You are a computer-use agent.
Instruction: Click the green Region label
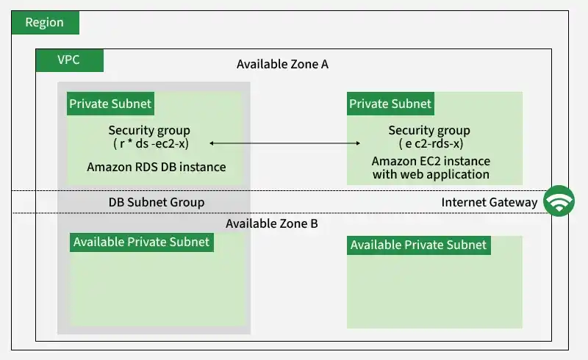point(46,23)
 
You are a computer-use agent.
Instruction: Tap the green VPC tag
point(69,60)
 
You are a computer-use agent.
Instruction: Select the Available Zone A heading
point(282,64)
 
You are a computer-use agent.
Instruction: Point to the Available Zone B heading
point(272,223)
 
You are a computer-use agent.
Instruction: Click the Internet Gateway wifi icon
point(559,201)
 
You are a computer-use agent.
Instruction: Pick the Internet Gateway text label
point(490,202)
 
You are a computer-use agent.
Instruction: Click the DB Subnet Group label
point(157,202)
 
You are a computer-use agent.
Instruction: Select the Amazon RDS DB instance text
point(157,167)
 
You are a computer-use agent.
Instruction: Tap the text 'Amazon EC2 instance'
point(431,161)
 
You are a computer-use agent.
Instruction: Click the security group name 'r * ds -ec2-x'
point(151,143)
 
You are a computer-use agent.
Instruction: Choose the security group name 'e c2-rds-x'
point(431,143)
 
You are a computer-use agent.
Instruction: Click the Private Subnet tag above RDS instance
point(111,104)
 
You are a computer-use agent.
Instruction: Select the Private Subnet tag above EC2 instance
point(390,104)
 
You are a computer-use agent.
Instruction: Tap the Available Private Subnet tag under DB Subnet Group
point(142,242)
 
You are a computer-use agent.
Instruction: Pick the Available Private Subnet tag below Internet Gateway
point(419,245)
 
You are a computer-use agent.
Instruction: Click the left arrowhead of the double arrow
point(212,143)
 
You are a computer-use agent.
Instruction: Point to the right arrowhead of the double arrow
point(358,143)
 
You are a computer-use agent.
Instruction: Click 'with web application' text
point(431,174)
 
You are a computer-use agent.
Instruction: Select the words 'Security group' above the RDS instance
point(149,131)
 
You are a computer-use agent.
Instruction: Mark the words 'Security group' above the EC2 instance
point(429,131)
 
